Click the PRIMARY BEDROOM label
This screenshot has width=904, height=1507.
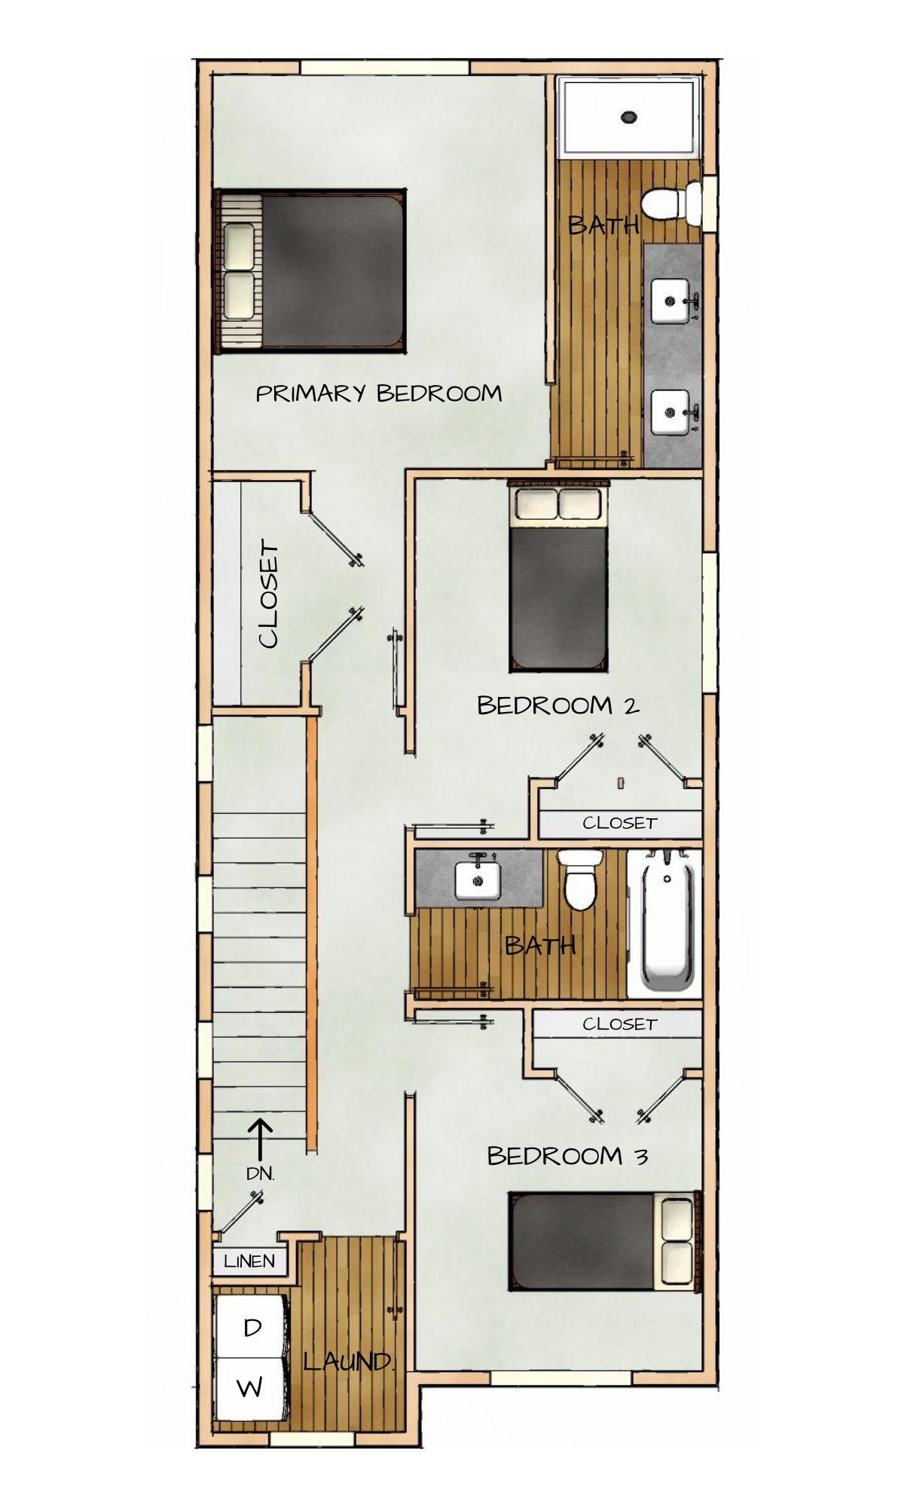tap(379, 393)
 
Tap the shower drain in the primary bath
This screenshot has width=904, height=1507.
tap(629, 117)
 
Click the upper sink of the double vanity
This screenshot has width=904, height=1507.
tap(670, 301)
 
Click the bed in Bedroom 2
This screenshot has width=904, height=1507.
tap(558, 575)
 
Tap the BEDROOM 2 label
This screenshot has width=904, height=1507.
tap(558, 705)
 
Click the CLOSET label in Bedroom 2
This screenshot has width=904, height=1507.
tap(620, 823)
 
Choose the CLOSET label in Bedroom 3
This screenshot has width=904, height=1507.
tap(620, 1024)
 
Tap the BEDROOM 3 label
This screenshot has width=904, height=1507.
tap(567, 1156)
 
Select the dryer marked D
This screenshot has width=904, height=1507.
tap(252, 1328)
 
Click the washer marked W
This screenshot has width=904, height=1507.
tap(251, 1388)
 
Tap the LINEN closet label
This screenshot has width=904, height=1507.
tap(249, 1261)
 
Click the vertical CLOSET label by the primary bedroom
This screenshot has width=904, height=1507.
tap(268, 594)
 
